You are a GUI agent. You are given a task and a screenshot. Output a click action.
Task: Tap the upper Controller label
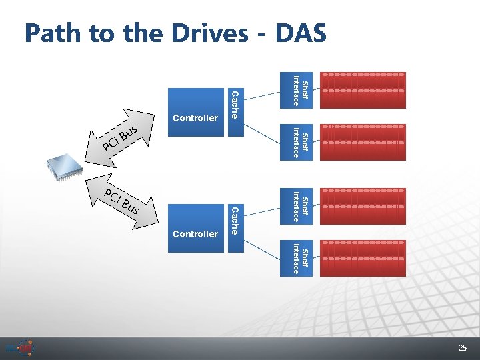pyautogui.click(x=195, y=118)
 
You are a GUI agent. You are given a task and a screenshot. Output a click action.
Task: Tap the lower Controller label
pyautogui.click(x=195, y=234)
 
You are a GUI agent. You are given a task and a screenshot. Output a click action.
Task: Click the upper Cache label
pyautogui.click(x=234, y=103)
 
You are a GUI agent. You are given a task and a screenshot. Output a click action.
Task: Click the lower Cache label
pyautogui.click(x=234, y=221)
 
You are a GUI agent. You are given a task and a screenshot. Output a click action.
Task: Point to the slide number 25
pyautogui.click(x=463, y=348)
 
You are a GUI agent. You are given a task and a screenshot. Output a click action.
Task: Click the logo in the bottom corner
pyautogui.click(x=19, y=348)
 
